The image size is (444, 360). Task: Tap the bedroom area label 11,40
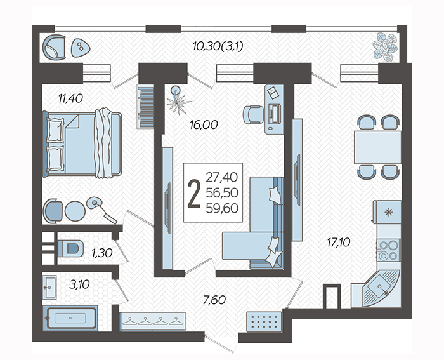[70, 98]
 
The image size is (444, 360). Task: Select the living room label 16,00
[204, 124]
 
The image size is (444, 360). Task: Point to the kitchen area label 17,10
[339, 243]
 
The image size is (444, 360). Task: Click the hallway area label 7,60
[214, 300]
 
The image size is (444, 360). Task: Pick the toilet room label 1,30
[102, 253]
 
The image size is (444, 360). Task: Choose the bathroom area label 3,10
[79, 284]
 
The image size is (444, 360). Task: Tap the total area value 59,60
[222, 208]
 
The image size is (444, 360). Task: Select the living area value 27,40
[222, 177]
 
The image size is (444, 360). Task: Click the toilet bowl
[70, 249]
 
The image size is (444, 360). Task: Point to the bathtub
[70, 318]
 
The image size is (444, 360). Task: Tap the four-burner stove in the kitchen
[388, 250]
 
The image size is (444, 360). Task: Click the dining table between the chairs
[378, 147]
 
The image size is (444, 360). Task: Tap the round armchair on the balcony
[54, 48]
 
